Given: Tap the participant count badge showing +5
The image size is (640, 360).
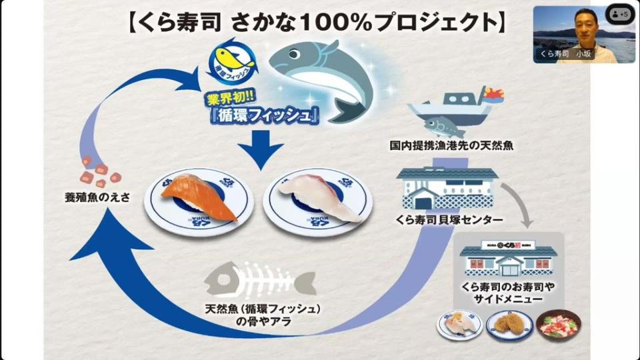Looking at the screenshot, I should [x=619, y=14].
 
